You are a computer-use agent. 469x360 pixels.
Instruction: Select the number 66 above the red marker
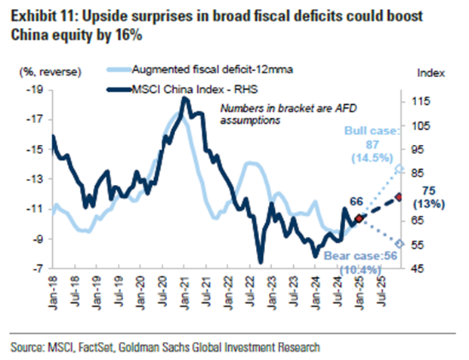(356, 200)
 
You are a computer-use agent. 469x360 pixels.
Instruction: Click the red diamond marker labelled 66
(358, 218)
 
